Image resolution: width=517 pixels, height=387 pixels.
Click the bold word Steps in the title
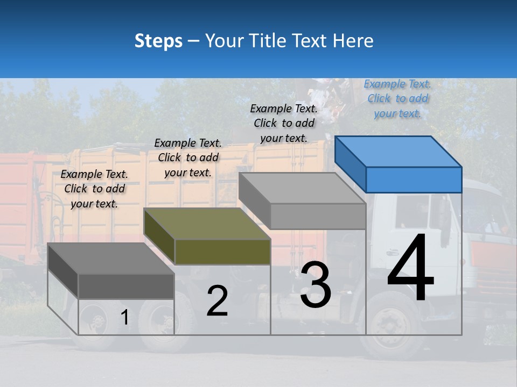coord(158,41)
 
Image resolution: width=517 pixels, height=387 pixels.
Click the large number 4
coord(410,269)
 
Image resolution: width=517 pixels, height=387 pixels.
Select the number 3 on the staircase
coord(316,285)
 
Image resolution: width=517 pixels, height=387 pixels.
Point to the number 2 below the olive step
coord(217,301)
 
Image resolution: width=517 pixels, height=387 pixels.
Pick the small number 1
coord(124,318)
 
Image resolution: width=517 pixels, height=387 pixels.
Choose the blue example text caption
coord(397,98)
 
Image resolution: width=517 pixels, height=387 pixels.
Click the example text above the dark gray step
coord(94,189)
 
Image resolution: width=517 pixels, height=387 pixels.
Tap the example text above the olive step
coord(188,157)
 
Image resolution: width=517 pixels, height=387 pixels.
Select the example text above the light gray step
coord(284,123)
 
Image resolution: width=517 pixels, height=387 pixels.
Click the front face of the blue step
coord(414,180)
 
